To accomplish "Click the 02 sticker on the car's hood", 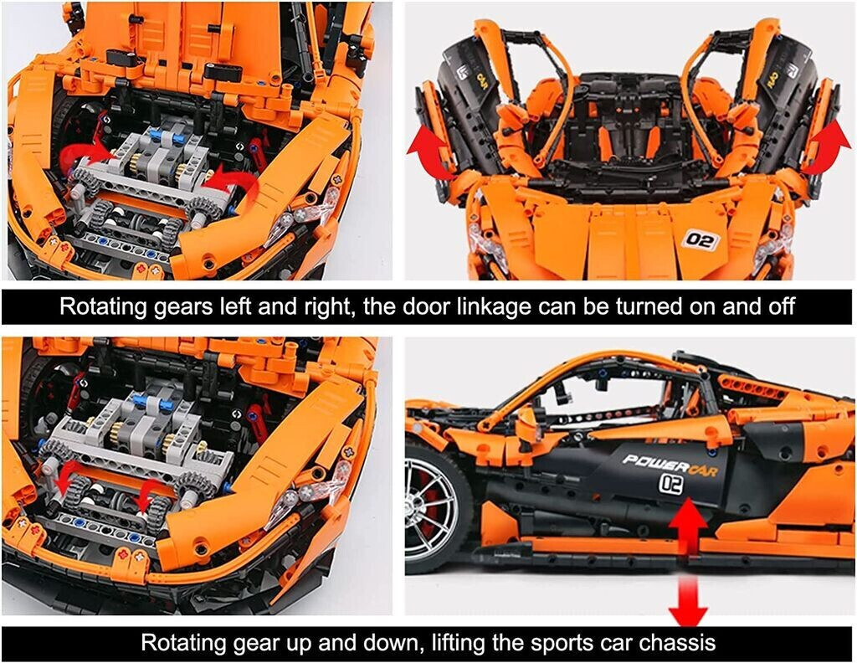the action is (x=700, y=240).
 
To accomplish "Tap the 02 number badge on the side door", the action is (x=671, y=484).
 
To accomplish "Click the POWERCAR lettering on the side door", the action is (x=670, y=465).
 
